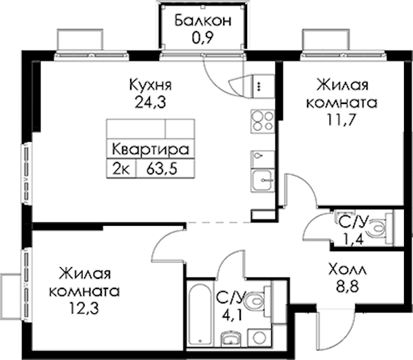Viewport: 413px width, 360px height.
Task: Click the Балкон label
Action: click(203, 21)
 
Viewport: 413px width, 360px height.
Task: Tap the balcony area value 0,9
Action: click(202, 39)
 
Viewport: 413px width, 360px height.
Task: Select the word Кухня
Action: click(150, 85)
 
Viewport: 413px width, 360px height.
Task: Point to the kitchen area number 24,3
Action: click(150, 103)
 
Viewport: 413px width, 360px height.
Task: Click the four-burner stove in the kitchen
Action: click(262, 121)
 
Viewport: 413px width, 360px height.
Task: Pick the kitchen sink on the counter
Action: click(262, 180)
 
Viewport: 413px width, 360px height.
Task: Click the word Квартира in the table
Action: click(151, 149)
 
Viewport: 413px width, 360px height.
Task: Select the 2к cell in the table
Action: click(121, 168)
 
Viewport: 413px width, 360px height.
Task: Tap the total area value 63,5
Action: click(162, 168)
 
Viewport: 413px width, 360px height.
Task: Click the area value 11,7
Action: click(341, 120)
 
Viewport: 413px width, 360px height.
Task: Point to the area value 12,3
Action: click(84, 308)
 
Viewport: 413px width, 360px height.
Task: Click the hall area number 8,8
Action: click(348, 287)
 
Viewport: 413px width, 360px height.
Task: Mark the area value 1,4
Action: click(353, 240)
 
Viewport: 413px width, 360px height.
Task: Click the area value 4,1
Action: click(232, 315)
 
